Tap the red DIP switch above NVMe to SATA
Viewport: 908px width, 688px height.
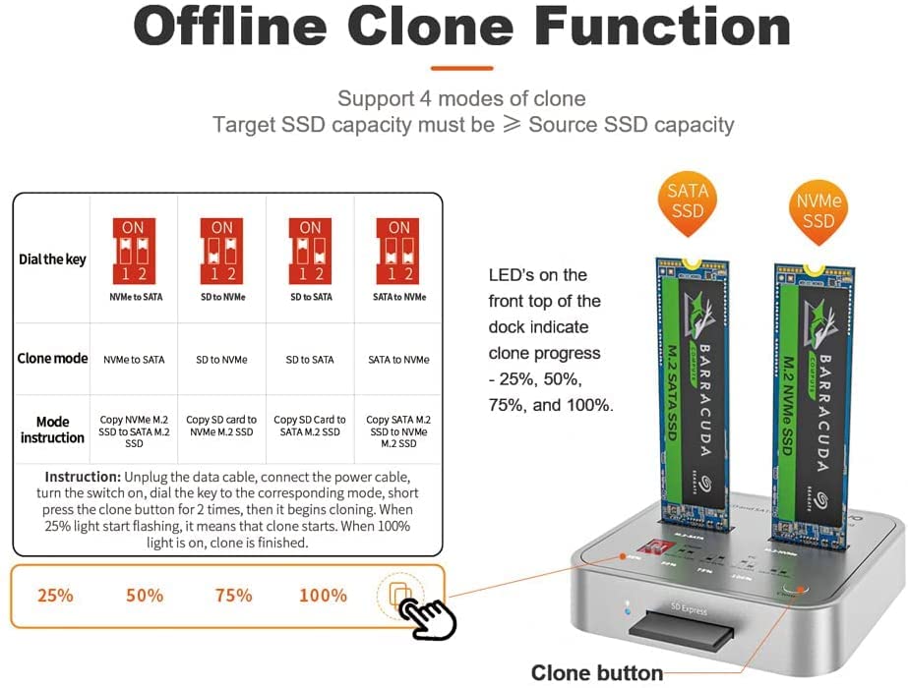point(134,250)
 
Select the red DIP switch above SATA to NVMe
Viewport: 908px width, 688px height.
point(398,250)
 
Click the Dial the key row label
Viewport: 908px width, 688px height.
point(51,259)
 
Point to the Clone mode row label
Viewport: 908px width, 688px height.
point(52,359)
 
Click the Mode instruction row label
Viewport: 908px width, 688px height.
point(52,430)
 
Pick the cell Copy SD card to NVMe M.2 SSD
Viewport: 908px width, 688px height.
point(221,426)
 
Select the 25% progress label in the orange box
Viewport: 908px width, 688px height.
point(55,596)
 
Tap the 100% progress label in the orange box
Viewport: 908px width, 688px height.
point(323,596)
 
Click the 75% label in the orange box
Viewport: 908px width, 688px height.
point(233,596)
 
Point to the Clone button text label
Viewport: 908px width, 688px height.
point(596,673)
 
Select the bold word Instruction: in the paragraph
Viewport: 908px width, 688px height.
point(83,477)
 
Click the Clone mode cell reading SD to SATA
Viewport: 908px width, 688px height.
point(310,360)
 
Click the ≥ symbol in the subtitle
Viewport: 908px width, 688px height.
point(512,125)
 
